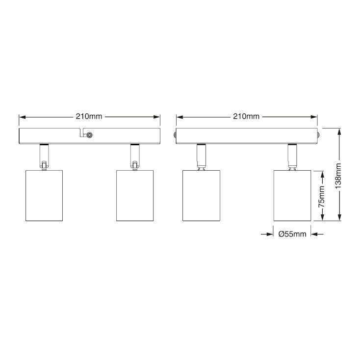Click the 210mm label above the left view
click(x=89, y=116)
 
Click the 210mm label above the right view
click(x=246, y=116)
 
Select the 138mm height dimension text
click(x=338, y=176)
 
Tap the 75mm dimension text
click(x=321, y=197)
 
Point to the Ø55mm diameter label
click(x=292, y=234)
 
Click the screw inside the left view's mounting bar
click(x=90, y=135)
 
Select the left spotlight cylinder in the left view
click(x=44, y=196)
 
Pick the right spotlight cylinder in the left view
click(x=135, y=196)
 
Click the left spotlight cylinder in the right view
click(x=202, y=196)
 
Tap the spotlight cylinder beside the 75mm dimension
click(x=292, y=196)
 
